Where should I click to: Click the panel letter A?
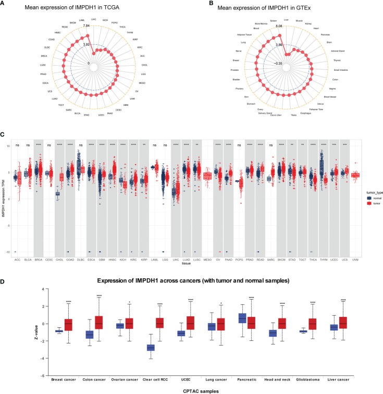(6, 5)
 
